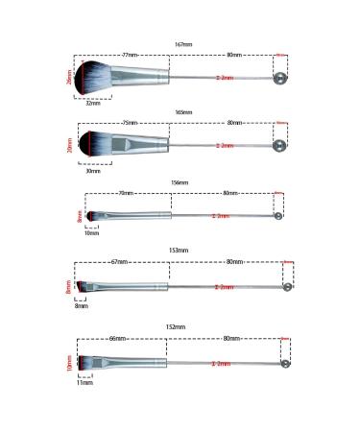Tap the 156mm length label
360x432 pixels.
point(180,181)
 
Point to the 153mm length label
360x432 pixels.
point(180,251)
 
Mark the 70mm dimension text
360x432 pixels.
point(125,193)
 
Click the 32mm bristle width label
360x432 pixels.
point(91,103)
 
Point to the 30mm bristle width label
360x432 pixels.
point(91,171)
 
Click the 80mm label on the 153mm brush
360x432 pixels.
point(231,261)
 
